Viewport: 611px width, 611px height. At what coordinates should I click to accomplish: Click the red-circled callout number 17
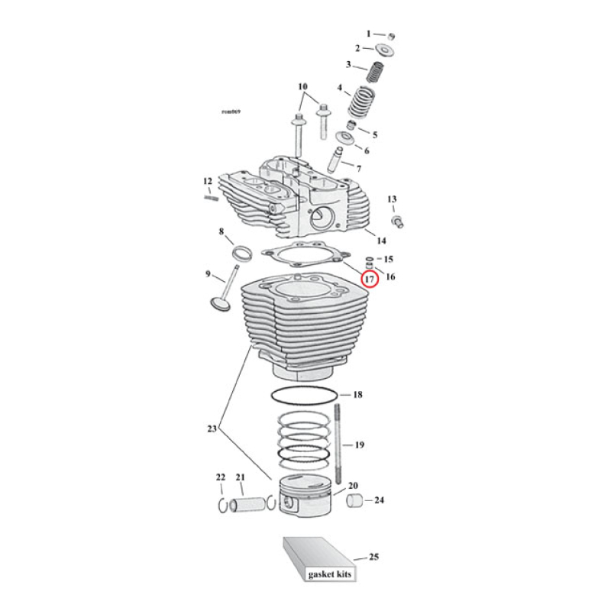click(x=369, y=280)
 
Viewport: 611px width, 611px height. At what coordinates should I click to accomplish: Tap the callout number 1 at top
click(x=368, y=34)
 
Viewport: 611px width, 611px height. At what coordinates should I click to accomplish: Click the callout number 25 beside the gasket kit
click(x=373, y=557)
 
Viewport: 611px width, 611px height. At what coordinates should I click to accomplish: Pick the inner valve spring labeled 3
click(x=375, y=73)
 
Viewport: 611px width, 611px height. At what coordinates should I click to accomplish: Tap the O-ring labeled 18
click(x=305, y=396)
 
